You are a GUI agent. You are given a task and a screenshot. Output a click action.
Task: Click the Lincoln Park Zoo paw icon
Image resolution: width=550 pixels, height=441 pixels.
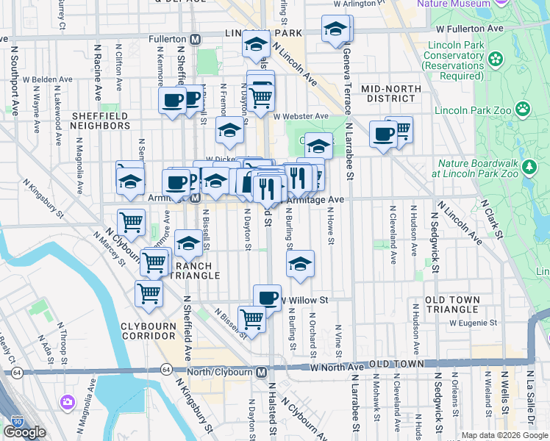tap(523, 110)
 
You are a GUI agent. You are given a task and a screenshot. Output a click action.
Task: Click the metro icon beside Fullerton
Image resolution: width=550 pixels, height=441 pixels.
tap(196, 38)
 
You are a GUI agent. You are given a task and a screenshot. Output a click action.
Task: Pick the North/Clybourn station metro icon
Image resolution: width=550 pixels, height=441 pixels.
tap(261, 372)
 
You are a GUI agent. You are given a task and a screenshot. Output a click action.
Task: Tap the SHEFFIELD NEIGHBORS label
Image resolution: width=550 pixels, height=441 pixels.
tap(101, 121)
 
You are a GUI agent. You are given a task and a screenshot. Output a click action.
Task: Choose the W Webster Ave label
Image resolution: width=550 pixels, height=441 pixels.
tap(301, 116)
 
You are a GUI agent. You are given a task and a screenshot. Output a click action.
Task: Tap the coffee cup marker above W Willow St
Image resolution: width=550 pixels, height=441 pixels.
tap(267, 298)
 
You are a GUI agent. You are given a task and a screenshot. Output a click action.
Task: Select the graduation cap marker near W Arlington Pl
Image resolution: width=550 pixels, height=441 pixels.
tap(335, 30)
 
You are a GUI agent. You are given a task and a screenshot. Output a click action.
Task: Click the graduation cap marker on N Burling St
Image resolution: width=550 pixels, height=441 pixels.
tap(300, 264)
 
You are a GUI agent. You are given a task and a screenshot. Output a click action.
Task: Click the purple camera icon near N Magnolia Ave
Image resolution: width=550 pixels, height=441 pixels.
tap(68, 402)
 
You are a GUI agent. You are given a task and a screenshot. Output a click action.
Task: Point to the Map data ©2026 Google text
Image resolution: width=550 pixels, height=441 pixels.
tap(504, 435)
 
